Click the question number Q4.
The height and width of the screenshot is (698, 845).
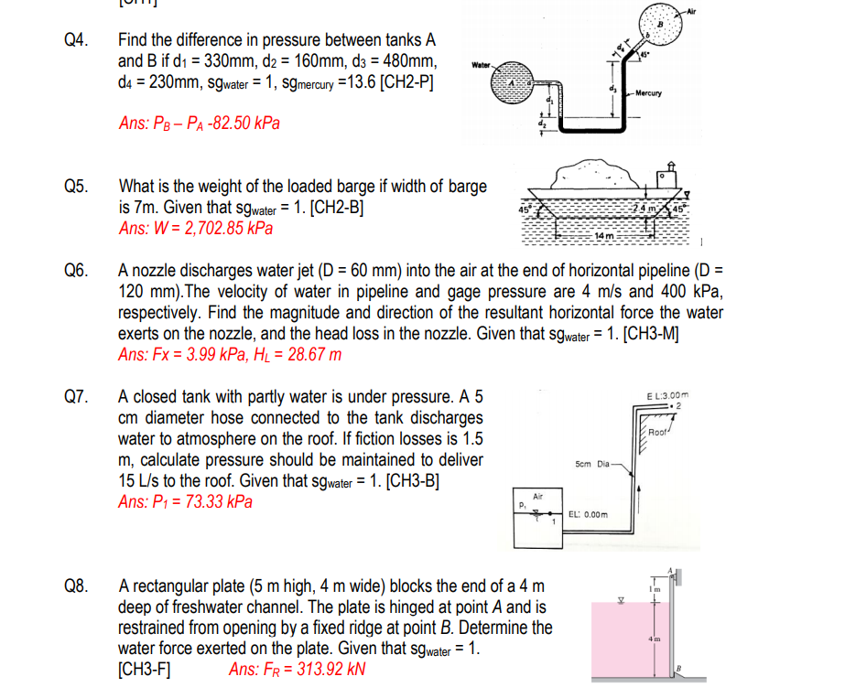coord(77,40)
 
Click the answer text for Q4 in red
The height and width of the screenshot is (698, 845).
coord(200,123)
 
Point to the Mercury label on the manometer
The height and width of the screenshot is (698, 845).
coord(648,92)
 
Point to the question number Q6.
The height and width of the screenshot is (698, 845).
coord(77,271)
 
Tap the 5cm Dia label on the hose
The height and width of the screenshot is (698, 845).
coord(592,464)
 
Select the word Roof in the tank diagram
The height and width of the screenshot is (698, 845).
coord(659,430)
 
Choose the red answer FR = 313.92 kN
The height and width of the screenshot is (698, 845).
coord(298,669)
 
